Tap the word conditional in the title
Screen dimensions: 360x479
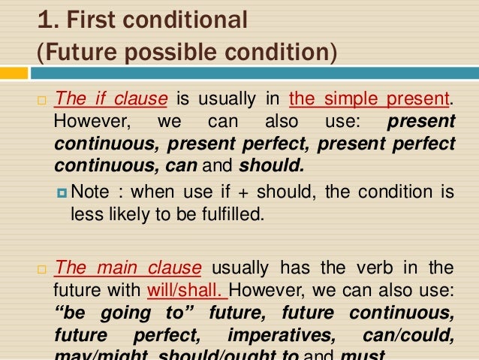(188, 20)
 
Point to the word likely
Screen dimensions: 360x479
(120, 214)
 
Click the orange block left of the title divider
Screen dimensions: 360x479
(14, 74)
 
